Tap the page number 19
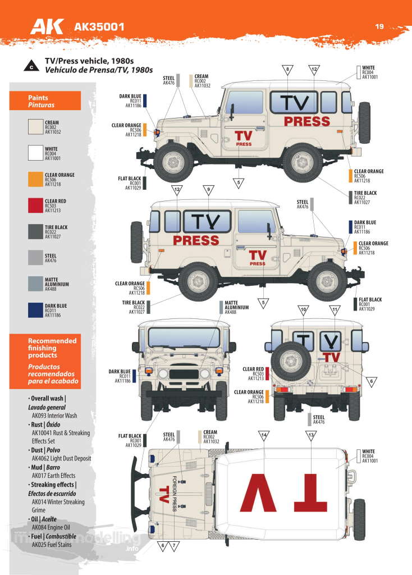379,25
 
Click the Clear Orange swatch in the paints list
35,179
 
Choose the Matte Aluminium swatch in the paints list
35,284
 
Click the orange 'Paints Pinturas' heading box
45,101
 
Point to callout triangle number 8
287,70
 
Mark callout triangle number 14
264,436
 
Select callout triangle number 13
310,436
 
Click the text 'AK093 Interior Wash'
55,416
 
